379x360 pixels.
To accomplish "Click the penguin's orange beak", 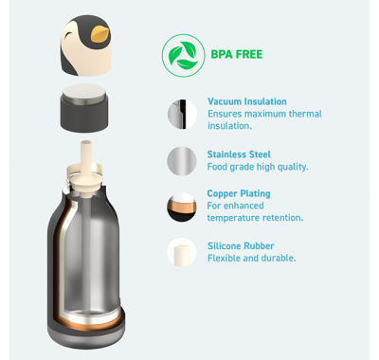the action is pos(99,34).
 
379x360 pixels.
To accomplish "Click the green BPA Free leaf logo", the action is pos(183,56).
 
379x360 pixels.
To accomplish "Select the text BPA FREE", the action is pos(237,54).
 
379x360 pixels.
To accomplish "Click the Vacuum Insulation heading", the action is pos(247,101).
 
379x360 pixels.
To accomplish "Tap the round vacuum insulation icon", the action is pos(182,114).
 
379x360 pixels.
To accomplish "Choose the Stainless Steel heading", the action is pos(239,154).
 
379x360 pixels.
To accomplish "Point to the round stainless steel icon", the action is pos(182,161).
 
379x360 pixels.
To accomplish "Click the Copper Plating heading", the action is pos(239,193).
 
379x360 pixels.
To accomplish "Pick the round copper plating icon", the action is pos(182,207).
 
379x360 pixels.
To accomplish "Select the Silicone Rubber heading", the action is pos(241,246).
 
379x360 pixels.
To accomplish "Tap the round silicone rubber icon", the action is pos(182,252).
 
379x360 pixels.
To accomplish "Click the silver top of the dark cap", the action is pos(84,92).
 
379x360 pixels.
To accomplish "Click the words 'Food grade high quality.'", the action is pos(258,167).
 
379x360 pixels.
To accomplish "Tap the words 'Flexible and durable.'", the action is pos(252,258).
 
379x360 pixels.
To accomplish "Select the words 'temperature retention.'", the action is pos(255,218).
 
